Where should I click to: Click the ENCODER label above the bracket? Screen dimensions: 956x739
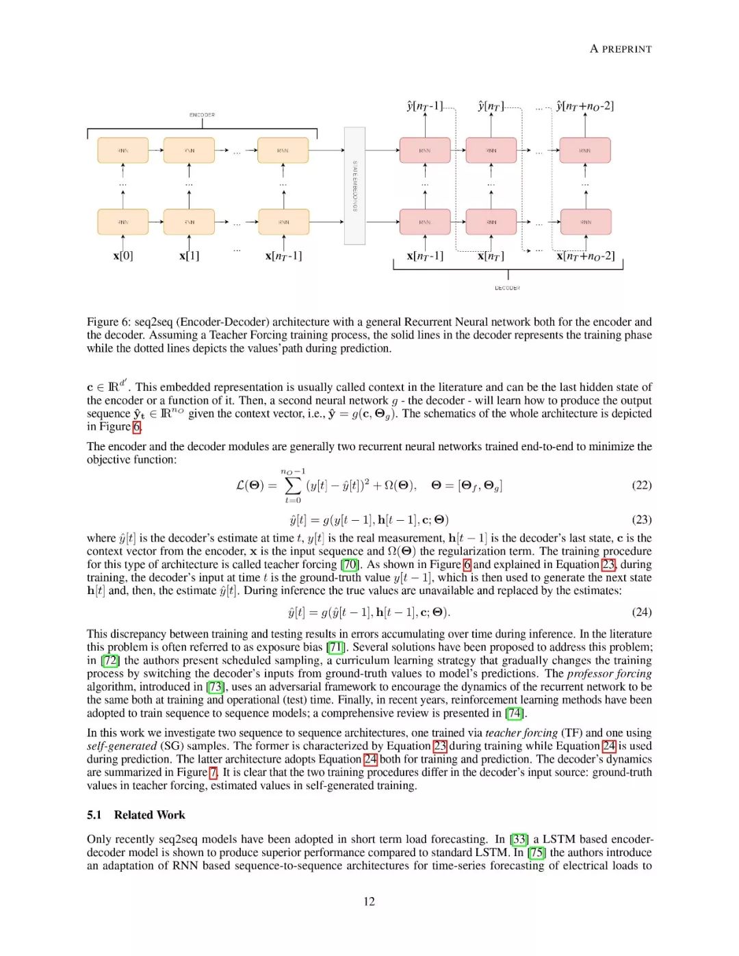202,115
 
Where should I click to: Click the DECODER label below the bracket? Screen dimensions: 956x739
507,288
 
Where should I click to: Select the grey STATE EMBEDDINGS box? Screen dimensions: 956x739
354,185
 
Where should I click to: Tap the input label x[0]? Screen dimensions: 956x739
123,256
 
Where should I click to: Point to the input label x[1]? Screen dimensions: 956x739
190,256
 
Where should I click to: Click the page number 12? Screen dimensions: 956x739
369,901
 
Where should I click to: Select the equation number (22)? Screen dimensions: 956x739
641,485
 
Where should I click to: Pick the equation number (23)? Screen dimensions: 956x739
641,519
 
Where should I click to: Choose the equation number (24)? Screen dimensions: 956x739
641,612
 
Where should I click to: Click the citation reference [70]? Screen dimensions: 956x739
350,565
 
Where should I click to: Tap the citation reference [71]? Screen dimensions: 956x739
335,647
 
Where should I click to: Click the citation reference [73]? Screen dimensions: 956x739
216,686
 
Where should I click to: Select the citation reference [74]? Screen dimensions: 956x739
515,713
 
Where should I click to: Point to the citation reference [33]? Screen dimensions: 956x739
519,839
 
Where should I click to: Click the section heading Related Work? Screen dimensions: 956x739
149,815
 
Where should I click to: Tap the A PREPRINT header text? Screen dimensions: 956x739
621,49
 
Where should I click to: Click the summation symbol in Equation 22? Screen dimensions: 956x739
293,485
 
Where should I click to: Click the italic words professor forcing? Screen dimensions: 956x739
609,673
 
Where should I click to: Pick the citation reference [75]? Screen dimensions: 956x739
537,853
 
